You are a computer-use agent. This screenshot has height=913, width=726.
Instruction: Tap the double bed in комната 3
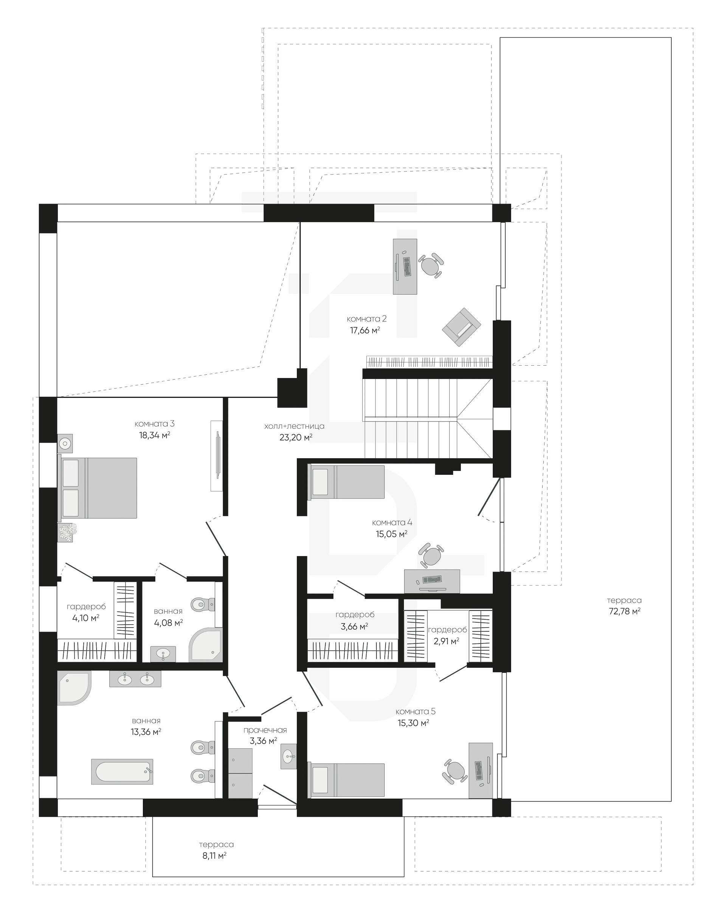(97, 488)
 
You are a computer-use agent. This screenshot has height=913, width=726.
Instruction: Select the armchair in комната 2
(462, 327)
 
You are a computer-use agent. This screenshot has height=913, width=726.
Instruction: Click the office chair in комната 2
(431, 266)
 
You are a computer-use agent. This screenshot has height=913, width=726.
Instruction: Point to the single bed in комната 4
(346, 482)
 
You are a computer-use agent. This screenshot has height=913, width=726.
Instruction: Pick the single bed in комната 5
(346, 780)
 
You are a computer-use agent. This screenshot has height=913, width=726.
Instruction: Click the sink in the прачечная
(289, 756)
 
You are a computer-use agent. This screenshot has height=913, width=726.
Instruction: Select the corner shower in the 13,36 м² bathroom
(74, 688)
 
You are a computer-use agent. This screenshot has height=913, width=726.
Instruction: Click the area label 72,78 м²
(624, 611)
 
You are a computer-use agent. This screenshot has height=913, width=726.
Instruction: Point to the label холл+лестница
(294, 426)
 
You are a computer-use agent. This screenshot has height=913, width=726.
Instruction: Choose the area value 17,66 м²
(365, 330)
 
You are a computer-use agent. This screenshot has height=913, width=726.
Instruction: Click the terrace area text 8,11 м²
(214, 856)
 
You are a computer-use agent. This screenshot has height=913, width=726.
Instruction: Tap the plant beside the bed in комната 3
(67, 532)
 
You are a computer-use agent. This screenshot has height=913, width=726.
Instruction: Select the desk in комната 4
(432, 581)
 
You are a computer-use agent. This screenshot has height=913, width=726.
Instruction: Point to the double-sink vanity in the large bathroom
(135, 679)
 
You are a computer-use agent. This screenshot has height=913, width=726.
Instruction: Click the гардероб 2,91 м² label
(447, 635)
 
